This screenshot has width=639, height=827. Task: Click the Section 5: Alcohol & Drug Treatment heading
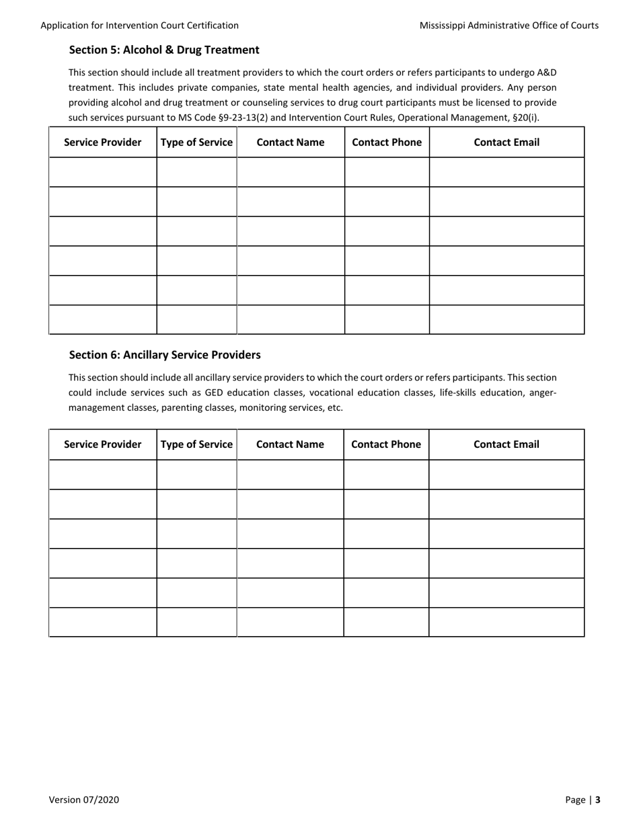(164, 50)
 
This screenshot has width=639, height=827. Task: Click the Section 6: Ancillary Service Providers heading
(165, 354)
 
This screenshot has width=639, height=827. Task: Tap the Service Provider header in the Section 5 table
(103, 143)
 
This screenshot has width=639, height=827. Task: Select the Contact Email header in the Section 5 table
(506, 143)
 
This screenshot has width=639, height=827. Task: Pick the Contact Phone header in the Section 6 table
(386, 444)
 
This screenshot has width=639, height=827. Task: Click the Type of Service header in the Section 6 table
(196, 444)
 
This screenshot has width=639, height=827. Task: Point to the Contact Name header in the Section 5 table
(290, 143)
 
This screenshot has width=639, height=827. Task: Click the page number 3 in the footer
(597, 799)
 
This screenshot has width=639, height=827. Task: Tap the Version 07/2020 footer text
(84, 799)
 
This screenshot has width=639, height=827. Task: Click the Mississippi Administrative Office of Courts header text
(509, 26)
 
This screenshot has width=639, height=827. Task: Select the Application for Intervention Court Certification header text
(139, 26)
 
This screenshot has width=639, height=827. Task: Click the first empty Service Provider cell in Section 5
(103, 172)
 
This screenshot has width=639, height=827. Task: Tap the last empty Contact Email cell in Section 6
(506, 622)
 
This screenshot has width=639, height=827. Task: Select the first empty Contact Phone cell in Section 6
(386, 475)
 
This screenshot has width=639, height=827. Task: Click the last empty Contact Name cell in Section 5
(290, 319)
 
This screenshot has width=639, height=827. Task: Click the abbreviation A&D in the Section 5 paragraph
(546, 72)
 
